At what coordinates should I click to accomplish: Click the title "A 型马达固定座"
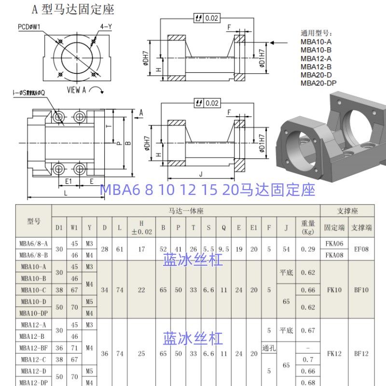point(73,9)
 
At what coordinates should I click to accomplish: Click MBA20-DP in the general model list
point(318,83)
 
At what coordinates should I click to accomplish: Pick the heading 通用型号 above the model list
point(317,34)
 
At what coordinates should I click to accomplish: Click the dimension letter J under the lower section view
point(200,175)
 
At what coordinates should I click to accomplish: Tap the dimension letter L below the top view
point(66,192)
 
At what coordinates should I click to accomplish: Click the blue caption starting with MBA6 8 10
point(207,190)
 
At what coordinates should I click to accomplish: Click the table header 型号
point(34,221)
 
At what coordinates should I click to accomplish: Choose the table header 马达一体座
point(186,211)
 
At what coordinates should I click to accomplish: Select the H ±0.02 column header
point(141,227)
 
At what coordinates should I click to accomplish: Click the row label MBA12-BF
point(34,348)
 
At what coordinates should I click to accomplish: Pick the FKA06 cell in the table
point(334,244)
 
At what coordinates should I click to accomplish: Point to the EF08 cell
point(361,249)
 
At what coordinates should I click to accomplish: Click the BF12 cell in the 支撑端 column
point(361,354)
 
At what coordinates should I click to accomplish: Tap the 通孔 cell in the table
point(268,348)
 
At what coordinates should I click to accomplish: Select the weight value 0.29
point(308,249)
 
